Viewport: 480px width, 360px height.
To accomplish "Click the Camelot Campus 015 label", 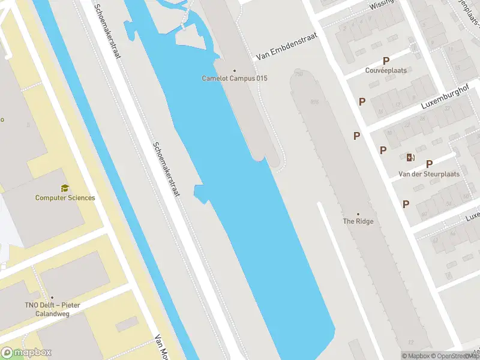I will click(x=235, y=79).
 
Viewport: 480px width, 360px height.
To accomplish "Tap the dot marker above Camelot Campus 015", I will click(x=235, y=70).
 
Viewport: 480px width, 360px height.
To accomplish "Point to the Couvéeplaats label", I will click(x=386, y=70).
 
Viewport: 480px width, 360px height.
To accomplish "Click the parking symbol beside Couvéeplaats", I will click(x=386, y=61).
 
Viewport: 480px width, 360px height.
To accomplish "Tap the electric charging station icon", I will click(x=410, y=157).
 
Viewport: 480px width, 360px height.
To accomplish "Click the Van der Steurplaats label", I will click(x=429, y=174).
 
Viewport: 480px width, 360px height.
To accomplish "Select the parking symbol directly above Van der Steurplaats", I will click(x=429, y=164).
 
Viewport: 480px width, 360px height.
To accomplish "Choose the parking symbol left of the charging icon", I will click(x=383, y=150).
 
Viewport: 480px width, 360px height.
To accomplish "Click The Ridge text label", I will click(x=358, y=221).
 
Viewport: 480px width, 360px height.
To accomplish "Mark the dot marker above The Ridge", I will click(x=358, y=214).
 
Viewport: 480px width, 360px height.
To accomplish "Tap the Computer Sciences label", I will click(x=65, y=198).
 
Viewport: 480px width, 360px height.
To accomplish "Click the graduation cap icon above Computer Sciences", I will click(x=65, y=188).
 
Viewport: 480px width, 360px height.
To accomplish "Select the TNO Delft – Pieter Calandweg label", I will click(x=52, y=308).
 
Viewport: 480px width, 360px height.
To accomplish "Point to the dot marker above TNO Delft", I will click(x=52, y=298).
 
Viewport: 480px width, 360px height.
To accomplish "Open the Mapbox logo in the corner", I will click(x=26, y=353).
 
